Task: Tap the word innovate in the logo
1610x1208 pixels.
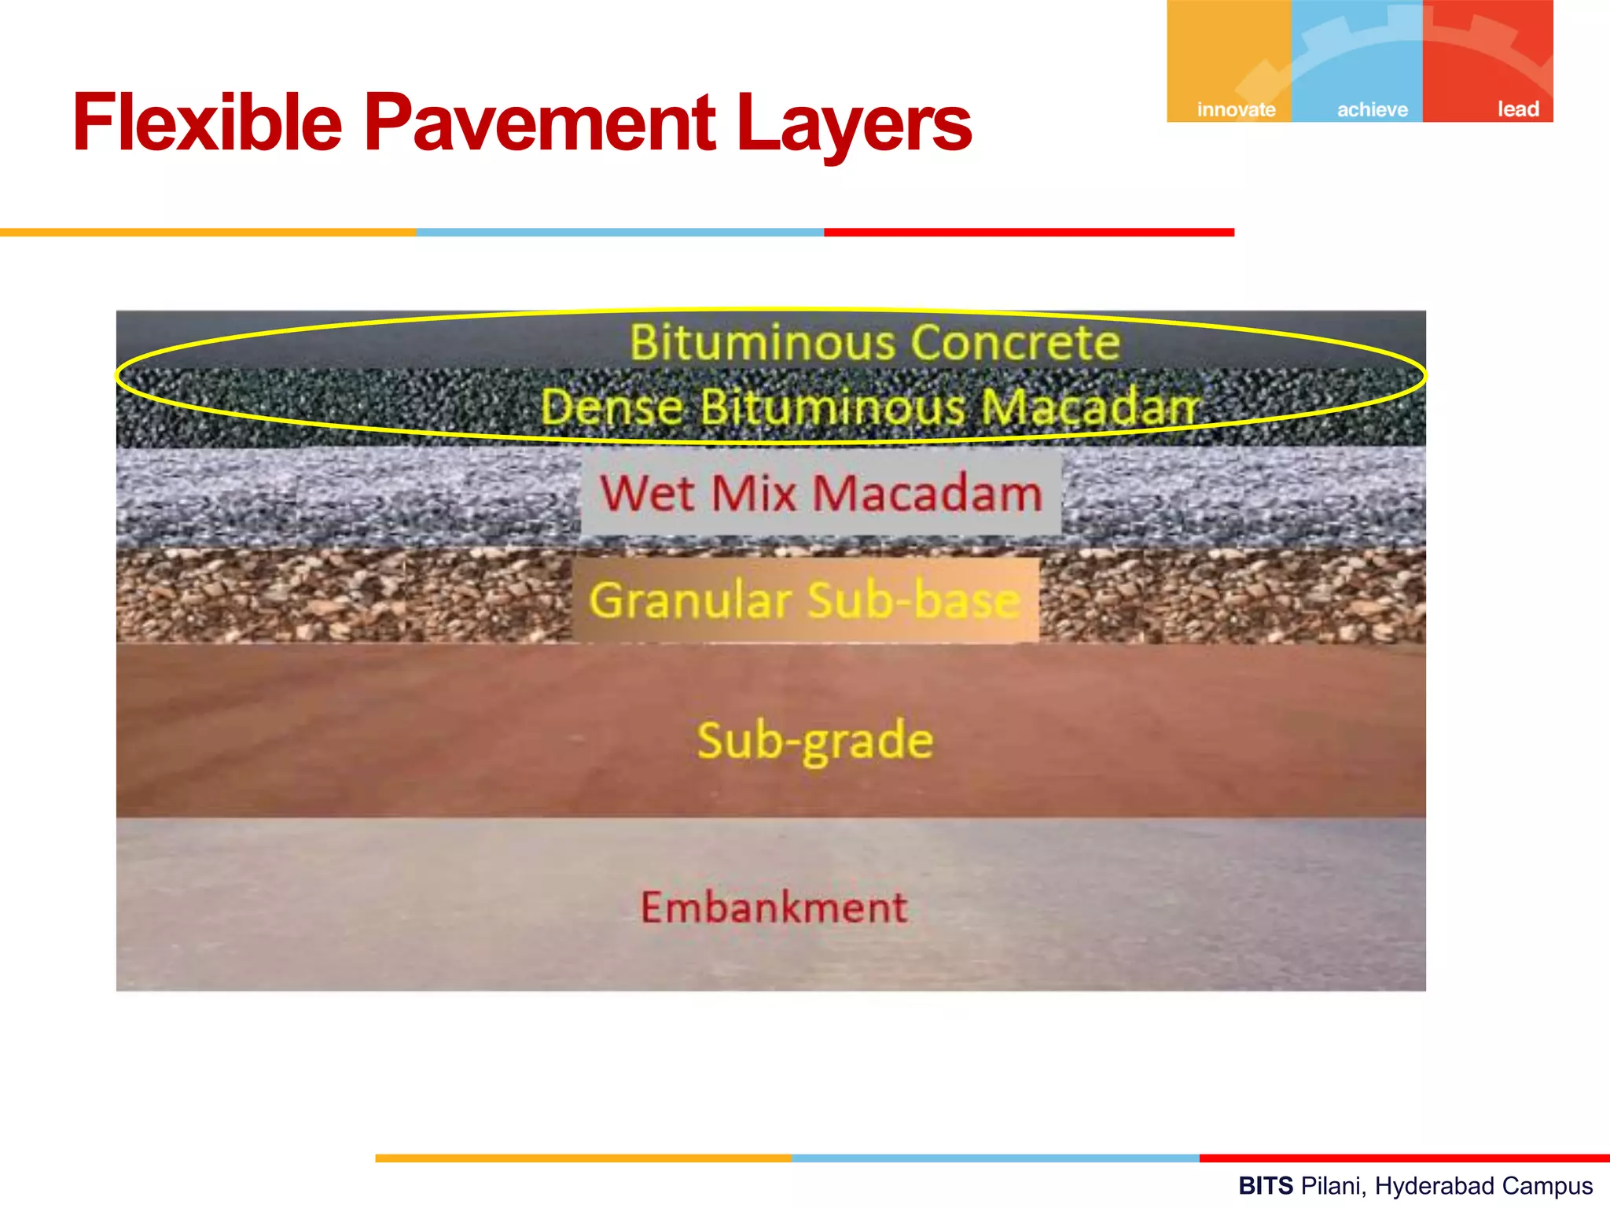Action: coord(1236,109)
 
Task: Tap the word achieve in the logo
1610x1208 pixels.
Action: coord(1372,109)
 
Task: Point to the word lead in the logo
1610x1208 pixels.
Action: coord(1517,109)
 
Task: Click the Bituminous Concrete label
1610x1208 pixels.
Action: coord(874,343)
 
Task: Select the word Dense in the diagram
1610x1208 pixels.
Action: coord(612,407)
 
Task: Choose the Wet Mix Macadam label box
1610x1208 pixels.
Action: coord(821,494)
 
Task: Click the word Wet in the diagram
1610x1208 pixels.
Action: coord(648,494)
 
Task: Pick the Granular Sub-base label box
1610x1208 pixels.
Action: coord(805,600)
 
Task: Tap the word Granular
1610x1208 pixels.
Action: coord(690,600)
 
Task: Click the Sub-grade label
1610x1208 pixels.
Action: coord(815,741)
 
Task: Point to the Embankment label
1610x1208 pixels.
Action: coord(774,907)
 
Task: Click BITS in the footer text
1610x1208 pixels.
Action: coord(1266,1186)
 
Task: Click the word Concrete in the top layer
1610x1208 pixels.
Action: coord(1015,343)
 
